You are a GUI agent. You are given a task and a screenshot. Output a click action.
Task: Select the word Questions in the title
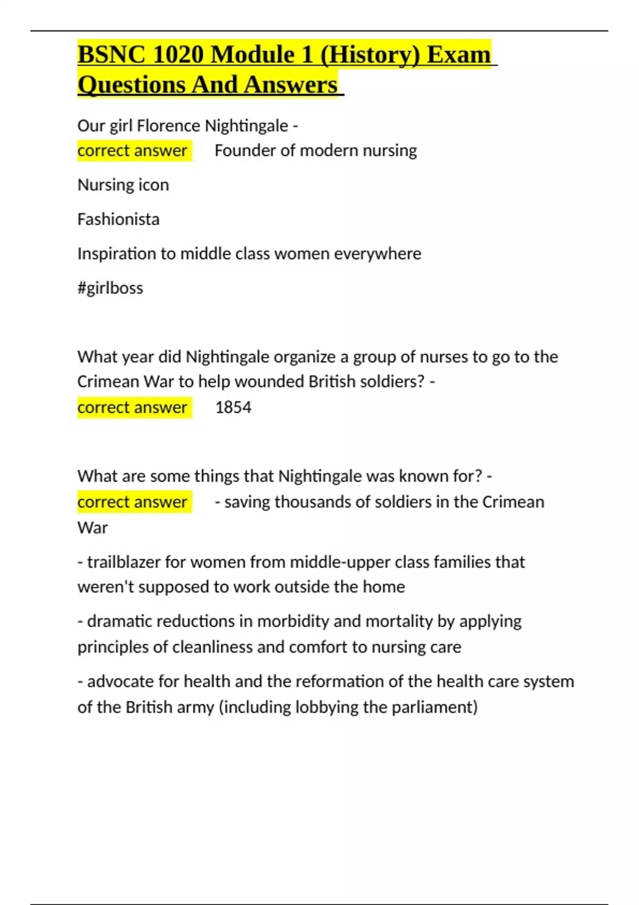coord(131,85)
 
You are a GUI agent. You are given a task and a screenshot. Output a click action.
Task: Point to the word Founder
coord(245,151)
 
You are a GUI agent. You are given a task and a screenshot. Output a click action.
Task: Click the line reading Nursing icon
coord(123,185)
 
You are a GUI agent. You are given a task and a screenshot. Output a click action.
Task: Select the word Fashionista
coord(118,219)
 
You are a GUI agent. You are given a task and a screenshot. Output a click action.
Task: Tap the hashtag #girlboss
coord(110,288)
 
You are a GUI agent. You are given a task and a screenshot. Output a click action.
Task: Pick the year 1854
coord(233,408)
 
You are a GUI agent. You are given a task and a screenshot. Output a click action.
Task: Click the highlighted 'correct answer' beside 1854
coord(132,408)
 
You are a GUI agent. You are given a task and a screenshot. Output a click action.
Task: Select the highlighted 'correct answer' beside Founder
coord(132,151)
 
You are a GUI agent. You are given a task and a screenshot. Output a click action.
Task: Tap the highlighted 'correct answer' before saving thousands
coord(132,502)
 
